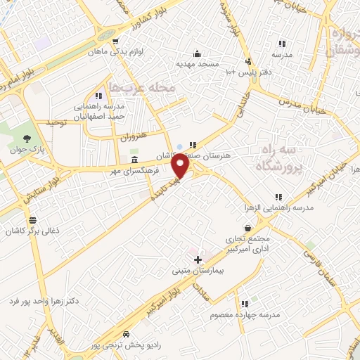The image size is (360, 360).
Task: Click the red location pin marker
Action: [x=181, y=166]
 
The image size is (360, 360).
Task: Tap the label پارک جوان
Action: [x=26, y=149]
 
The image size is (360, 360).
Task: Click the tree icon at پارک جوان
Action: [x=27, y=138]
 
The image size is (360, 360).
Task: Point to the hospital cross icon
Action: [x=198, y=259]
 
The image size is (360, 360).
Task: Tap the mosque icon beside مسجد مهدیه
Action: [x=196, y=53]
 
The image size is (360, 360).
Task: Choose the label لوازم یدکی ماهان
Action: [x=113, y=52]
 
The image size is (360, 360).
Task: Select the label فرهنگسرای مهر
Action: [x=134, y=171]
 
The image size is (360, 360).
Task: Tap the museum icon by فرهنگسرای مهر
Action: [x=134, y=160]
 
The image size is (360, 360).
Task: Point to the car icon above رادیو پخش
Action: [x=126, y=335]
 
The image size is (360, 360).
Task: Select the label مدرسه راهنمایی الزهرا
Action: [x=279, y=208]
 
